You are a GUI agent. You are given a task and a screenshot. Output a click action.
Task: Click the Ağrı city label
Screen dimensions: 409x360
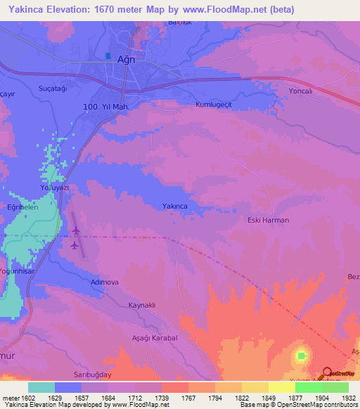pyautogui.click(x=125, y=60)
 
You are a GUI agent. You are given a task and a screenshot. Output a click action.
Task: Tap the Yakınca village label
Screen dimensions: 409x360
pyautogui.click(x=174, y=206)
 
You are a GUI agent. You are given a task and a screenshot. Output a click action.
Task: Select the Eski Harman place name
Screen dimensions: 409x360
pyautogui.click(x=269, y=220)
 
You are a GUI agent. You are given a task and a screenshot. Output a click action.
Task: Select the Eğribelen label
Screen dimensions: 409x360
pyautogui.click(x=22, y=209)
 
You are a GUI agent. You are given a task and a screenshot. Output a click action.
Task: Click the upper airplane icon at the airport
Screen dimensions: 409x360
pyautogui.click(x=75, y=231)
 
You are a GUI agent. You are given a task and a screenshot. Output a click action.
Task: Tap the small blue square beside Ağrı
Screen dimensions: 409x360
pyautogui.click(x=108, y=56)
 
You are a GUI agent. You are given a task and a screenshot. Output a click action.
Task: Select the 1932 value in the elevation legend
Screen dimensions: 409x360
pyautogui.click(x=349, y=398)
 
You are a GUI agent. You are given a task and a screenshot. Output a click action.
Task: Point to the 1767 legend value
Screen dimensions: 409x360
pyautogui.click(x=187, y=398)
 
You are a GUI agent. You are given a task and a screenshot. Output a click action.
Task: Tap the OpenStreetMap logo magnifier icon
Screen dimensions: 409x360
pyautogui.click(x=328, y=372)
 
